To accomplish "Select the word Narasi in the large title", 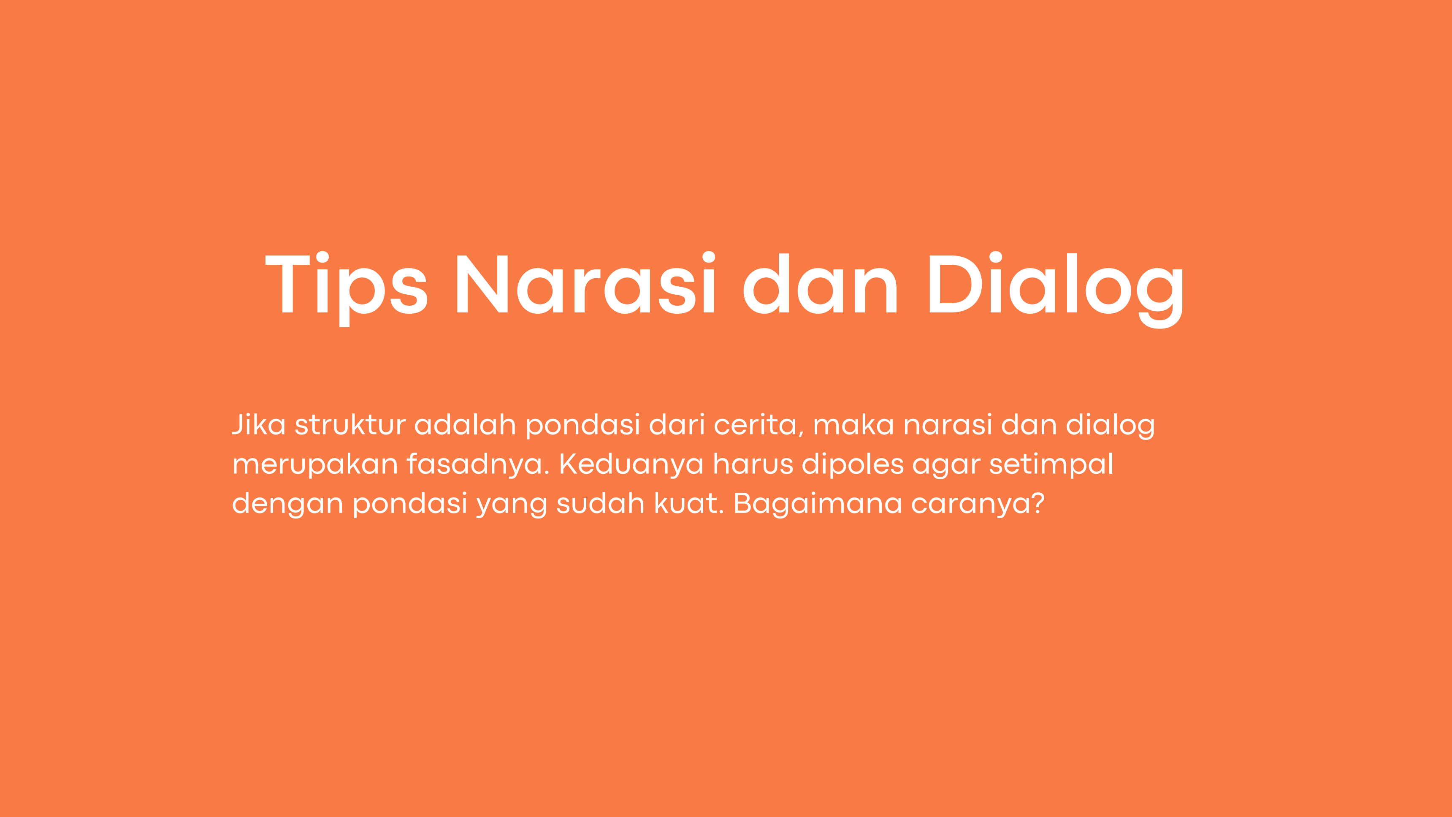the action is [x=585, y=282].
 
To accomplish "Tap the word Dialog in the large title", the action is [x=1056, y=289].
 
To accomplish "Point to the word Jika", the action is [x=259, y=425].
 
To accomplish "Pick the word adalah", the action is [x=465, y=425].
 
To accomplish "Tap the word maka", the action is [x=853, y=425].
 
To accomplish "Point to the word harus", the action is [x=753, y=464].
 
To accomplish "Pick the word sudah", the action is [x=600, y=504].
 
